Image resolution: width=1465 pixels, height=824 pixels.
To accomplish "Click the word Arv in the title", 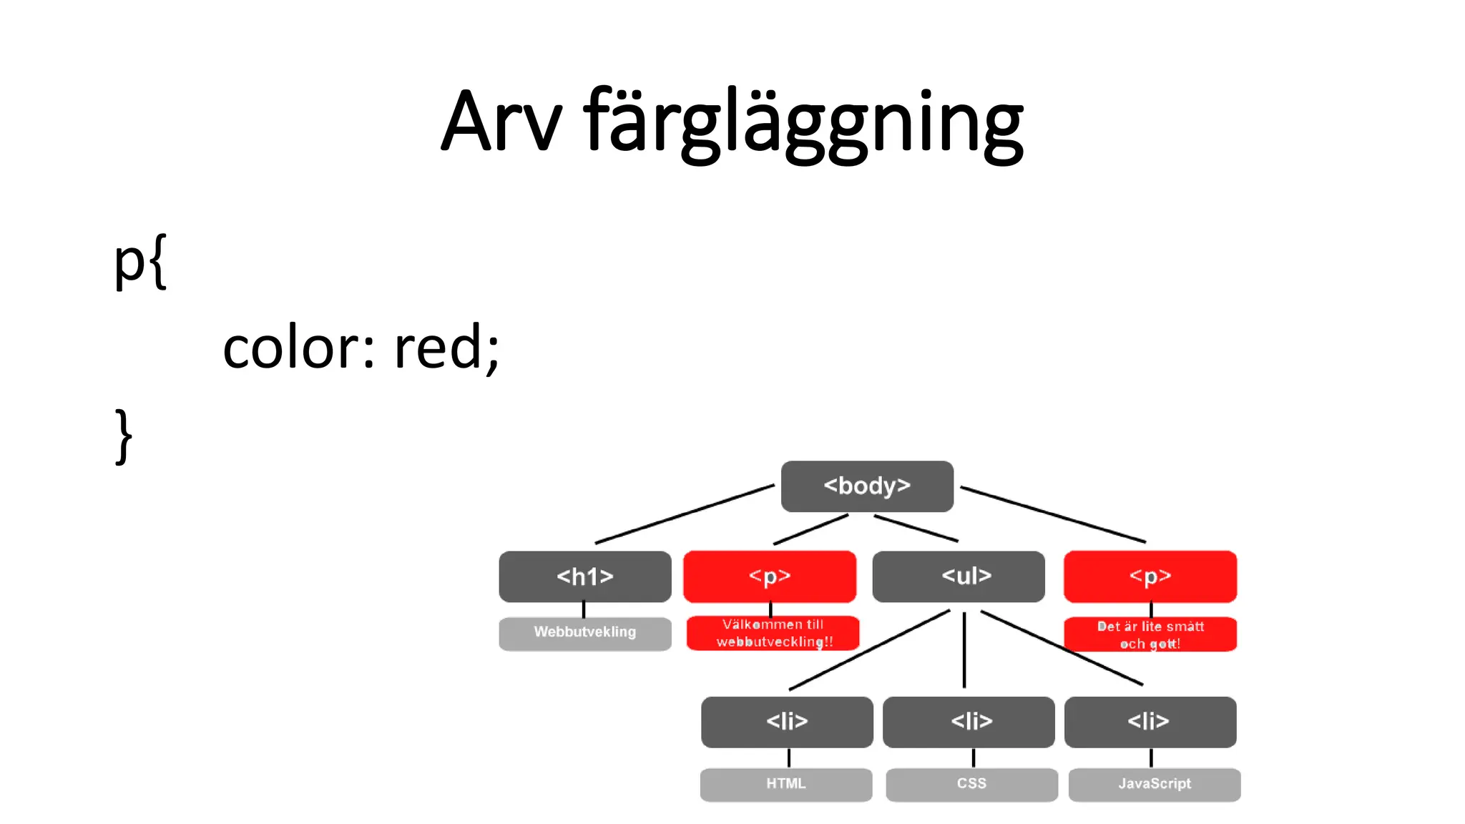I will click(x=501, y=122).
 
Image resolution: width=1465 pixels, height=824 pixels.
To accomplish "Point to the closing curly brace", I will click(x=124, y=436).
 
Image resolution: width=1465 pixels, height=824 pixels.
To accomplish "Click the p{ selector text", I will click(x=140, y=262).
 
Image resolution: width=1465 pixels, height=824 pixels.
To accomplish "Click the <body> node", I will click(x=867, y=486).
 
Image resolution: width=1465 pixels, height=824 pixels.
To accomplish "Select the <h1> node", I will click(x=585, y=577).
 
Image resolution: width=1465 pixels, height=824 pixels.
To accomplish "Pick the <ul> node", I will click(x=959, y=577).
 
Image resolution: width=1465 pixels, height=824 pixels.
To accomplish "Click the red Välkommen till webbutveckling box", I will click(x=773, y=633).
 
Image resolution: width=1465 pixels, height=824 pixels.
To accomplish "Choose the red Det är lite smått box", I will click(x=1150, y=634).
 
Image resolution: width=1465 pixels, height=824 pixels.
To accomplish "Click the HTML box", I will click(x=786, y=785).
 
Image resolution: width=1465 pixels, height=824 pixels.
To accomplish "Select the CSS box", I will click(x=971, y=785).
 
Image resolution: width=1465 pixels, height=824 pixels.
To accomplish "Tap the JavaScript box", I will click(x=1155, y=785).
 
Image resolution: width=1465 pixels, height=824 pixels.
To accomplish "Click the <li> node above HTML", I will click(x=787, y=722).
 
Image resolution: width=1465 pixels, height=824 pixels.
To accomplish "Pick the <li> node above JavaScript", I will click(x=1150, y=722).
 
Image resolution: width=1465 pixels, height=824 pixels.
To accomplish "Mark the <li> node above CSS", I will click(x=969, y=722).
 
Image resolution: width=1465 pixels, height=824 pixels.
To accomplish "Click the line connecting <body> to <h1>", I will click(x=685, y=514).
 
